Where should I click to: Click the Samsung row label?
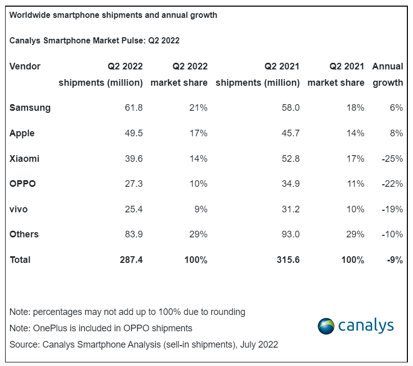pos(30,108)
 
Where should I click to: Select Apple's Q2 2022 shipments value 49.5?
pos(134,133)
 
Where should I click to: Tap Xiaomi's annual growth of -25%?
pos(392,159)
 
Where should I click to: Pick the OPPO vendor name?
pos(22,184)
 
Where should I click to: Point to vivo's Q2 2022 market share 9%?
pos(201,209)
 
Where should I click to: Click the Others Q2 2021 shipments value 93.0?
pos(290,234)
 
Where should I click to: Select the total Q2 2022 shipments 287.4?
pos(131,260)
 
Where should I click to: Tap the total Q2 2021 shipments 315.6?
pos(288,260)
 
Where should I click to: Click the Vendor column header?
pos(25,66)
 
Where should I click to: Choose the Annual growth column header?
pos(387,74)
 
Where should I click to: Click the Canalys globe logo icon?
pos(326,326)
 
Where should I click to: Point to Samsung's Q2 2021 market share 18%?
pos(355,107)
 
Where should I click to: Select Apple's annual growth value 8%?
pos(396,133)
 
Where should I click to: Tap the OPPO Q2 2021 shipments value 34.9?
pos(290,184)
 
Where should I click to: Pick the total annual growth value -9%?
pos(395,260)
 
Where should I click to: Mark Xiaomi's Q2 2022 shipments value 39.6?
pos(134,159)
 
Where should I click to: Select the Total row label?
pos(20,260)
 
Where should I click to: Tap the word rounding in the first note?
pos(228,312)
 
